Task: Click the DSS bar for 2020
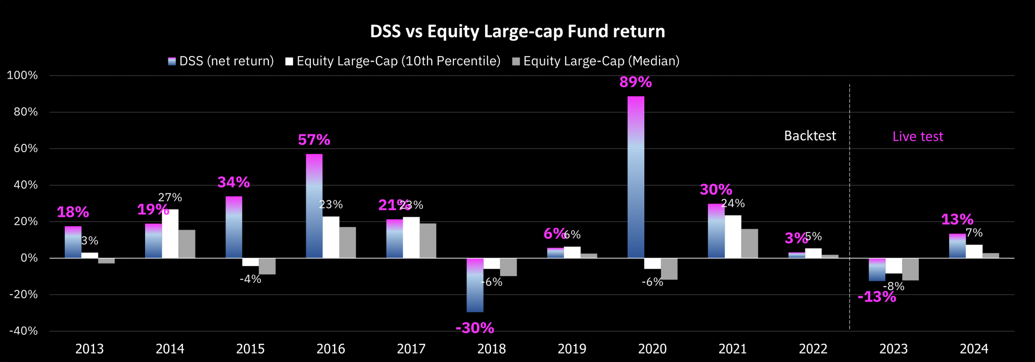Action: tap(636, 177)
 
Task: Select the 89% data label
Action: tap(635, 82)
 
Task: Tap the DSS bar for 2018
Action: tap(475, 285)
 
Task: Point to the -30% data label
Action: tap(475, 328)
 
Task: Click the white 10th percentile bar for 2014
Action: tap(170, 234)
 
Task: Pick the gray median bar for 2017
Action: tap(428, 241)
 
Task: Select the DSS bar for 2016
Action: tap(314, 206)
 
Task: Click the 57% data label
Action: tap(314, 140)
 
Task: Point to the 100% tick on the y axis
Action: tap(22, 76)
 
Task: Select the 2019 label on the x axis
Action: tap(572, 349)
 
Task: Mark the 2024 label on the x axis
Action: tap(974, 349)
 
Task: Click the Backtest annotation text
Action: tap(810, 136)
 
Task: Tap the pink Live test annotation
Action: tap(918, 136)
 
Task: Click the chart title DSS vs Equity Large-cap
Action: tap(517, 31)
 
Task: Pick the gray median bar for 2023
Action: tap(910, 269)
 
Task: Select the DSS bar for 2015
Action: tap(233, 227)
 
